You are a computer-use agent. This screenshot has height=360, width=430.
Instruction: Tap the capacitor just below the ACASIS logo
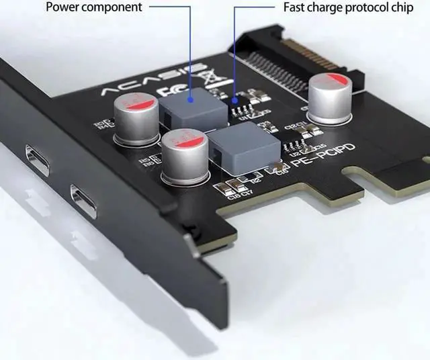click(x=136, y=119)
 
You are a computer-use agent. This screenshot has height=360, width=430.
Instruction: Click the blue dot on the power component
click(x=191, y=98)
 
